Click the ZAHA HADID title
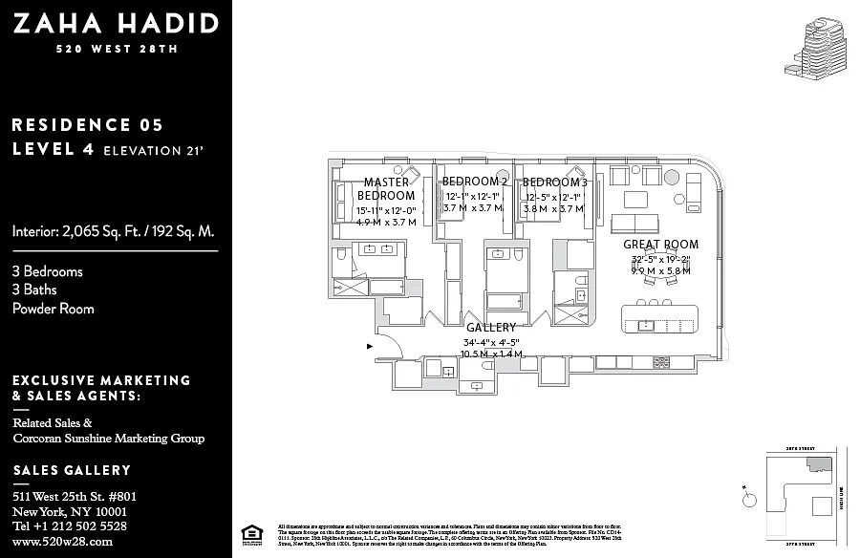click(115, 24)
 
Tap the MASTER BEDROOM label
click(386, 189)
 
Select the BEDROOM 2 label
click(474, 182)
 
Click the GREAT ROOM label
click(660, 245)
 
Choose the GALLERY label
click(490, 328)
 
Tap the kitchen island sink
click(645, 325)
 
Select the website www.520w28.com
click(63, 542)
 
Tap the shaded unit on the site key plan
click(819, 463)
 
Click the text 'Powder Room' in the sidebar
click(54, 309)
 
